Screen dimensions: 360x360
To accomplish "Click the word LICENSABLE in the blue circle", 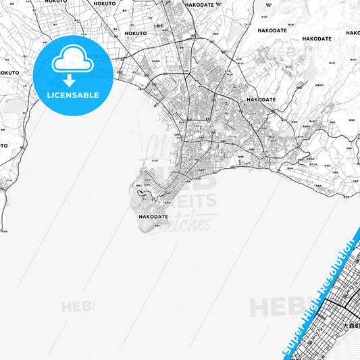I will [x=72, y=95].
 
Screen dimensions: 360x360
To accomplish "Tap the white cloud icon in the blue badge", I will [x=72, y=60].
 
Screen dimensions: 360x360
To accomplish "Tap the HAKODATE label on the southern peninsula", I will [x=152, y=217].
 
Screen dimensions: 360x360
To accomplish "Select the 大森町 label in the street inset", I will [x=351, y=326].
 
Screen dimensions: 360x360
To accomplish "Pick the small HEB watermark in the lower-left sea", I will [x=78, y=307].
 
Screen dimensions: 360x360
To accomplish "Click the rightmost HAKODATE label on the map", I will [x=316, y=39].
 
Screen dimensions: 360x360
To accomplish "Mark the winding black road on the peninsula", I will [x=143, y=196].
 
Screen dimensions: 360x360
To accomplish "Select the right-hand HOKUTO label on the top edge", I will [x=105, y=3].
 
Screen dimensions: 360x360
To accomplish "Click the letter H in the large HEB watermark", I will [x=259, y=308].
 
